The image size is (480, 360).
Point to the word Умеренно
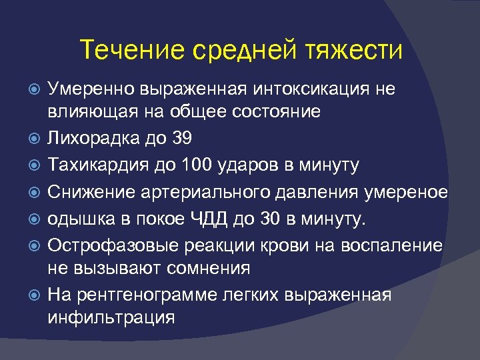pyautogui.click(x=92, y=89)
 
